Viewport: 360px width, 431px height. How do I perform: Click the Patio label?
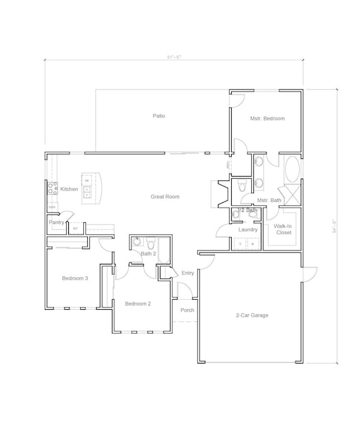tap(159, 115)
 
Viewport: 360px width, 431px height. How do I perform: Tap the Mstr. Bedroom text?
tap(267, 119)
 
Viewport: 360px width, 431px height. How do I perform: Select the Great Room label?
tap(165, 197)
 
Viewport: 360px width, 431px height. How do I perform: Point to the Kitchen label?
tap(69, 189)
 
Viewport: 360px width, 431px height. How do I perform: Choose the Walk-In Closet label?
tap(282, 229)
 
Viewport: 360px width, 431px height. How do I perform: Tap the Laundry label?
tap(248, 230)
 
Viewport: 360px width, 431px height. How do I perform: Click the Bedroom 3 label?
tap(75, 278)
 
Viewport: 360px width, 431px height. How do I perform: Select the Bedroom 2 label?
tap(138, 304)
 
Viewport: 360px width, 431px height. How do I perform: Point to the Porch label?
tap(187, 310)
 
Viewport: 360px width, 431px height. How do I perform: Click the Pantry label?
tap(57, 222)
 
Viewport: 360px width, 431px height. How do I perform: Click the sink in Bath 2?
tap(137, 242)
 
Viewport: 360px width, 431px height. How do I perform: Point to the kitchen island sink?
tap(88, 191)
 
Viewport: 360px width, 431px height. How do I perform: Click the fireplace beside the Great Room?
tap(220, 193)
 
